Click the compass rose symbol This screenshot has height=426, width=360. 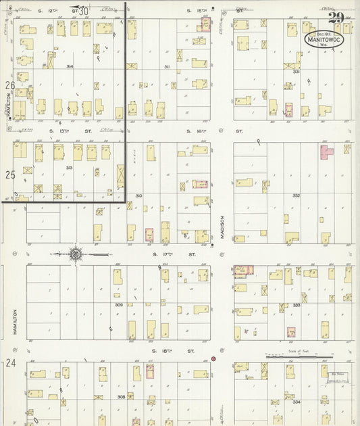pos(76,254)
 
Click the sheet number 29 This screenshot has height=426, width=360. pos(335,18)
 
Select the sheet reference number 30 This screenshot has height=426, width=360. pos(82,11)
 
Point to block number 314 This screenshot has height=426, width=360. pos(70,66)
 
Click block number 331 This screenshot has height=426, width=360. pos(296,71)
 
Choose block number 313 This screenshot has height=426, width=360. pos(68,167)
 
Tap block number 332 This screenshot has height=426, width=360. pos(296,195)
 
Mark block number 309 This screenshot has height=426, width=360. pos(119,305)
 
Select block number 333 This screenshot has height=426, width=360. pos(296,305)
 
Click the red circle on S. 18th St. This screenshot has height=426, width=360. pos(213,358)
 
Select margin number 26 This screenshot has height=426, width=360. pos(9,86)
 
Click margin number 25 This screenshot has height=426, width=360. pos(9,174)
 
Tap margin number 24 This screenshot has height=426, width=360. pos(9,363)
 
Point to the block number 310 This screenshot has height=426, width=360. pos(138,195)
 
